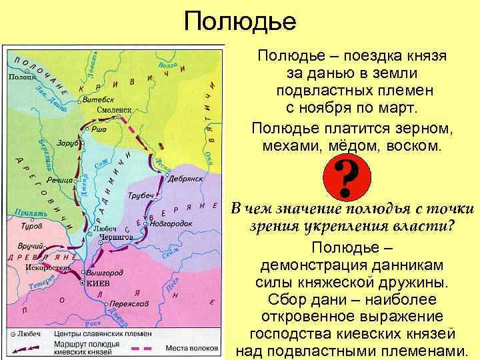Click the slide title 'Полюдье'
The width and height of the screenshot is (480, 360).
(240, 21)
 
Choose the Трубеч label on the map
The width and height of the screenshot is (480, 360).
(140, 195)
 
